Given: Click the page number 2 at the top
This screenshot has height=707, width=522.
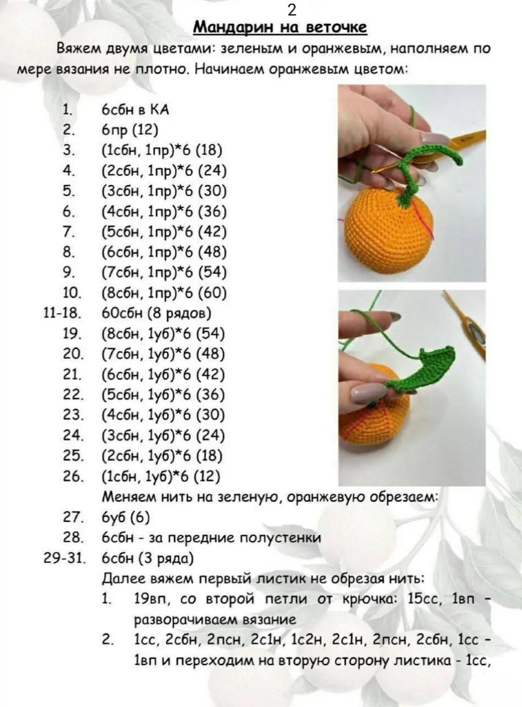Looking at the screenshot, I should click(x=292, y=10).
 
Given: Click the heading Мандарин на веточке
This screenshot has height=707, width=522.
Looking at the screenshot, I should click(x=280, y=27).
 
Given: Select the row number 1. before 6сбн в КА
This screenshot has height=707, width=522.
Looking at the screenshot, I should click(x=67, y=110).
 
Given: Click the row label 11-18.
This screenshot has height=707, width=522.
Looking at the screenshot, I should click(x=62, y=313).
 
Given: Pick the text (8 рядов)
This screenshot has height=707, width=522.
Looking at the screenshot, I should click(x=179, y=313).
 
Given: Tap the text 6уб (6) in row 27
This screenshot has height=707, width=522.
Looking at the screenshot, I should click(x=126, y=518).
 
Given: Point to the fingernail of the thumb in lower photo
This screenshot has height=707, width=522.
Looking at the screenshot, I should click(x=367, y=393).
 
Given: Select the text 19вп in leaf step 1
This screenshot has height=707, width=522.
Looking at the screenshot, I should click(x=148, y=599).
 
